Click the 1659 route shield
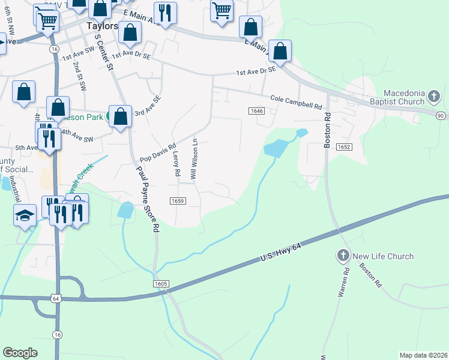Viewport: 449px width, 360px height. pyautogui.click(x=177, y=201)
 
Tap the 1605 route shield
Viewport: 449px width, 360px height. pyautogui.click(x=166, y=283)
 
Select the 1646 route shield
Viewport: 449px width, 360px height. pyautogui.click(x=257, y=111)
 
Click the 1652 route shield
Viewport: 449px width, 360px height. pyautogui.click(x=344, y=146)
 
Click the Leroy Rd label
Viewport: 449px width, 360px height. pyautogui.click(x=176, y=163)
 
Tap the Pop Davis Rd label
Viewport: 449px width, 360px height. pyautogui.click(x=157, y=152)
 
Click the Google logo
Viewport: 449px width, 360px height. pyautogui.click(x=20, y=353)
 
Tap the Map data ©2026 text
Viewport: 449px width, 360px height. pyautogui.click(x=423, y=355)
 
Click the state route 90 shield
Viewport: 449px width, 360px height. pyautogui.click(x=441, y=115)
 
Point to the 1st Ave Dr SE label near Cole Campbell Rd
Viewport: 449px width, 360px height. pyautogui.click(x=256, y=71)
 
